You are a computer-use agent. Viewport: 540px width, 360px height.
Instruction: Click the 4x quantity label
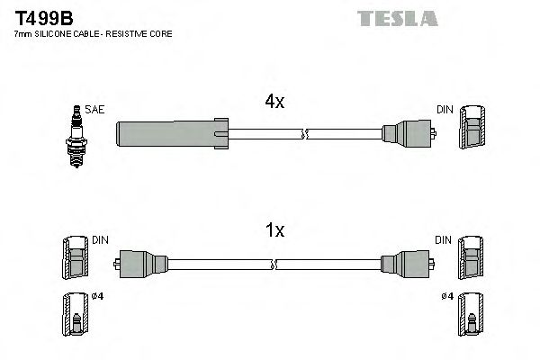tap(274, 103)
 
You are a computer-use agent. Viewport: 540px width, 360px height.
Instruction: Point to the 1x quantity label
tap(274, 231)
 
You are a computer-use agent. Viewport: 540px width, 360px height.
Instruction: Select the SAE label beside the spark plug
tap(96, 110)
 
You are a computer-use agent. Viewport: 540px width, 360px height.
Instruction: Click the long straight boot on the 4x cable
tap(169, 134)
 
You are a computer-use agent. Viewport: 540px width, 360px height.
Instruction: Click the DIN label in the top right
tap(445, 110)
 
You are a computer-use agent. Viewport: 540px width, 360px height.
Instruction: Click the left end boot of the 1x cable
tap(141, 263)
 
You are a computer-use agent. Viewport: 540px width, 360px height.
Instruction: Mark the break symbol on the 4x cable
tap(305, 134)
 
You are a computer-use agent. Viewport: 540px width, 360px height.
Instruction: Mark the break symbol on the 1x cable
tap(277, 263)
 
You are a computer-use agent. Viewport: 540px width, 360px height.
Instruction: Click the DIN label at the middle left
tap(100, 240)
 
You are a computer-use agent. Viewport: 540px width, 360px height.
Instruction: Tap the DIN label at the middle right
tap(444, 240)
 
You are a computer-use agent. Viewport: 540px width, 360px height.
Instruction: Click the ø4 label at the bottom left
tap(97, 298)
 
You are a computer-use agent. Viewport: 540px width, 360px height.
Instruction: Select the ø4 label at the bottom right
tap(445, 298)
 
